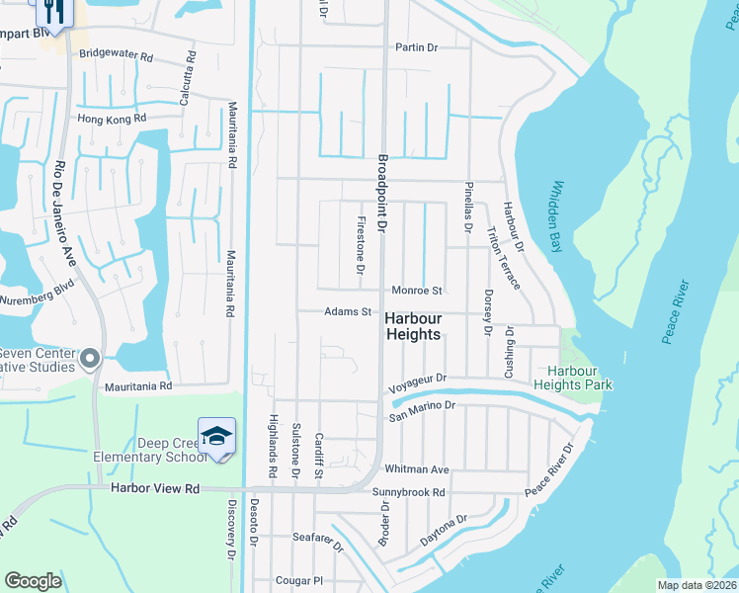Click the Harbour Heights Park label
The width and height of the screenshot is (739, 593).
574,378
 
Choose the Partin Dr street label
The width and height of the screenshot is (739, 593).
416,47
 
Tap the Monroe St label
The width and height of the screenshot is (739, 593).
416,292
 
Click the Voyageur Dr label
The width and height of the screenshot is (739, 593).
419,379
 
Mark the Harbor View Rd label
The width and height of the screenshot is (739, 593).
155,488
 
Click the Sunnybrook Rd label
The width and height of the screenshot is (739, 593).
409,492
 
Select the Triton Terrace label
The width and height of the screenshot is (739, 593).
503,258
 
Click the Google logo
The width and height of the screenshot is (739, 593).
33,580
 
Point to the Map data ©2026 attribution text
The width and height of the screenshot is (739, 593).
697,585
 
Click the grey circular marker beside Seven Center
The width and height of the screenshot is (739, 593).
91,358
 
